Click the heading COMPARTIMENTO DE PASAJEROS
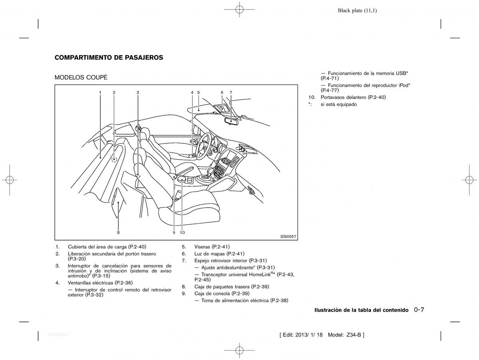click(109, 57)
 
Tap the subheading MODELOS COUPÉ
click(81, 77)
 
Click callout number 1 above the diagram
click(100, 93)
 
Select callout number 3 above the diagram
click(138, 93)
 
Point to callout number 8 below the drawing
click(118, 233)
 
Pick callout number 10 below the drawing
click(182, 233)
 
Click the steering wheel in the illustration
click(203, 146)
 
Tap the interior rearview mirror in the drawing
click(232, 121)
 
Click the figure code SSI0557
click(288, 237)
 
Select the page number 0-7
click(419, 310)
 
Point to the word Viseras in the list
click(202, 247)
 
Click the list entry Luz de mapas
click(210, 254)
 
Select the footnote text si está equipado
click(338, 104)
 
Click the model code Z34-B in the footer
click(354, 335)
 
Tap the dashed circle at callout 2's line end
click(114, 160)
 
